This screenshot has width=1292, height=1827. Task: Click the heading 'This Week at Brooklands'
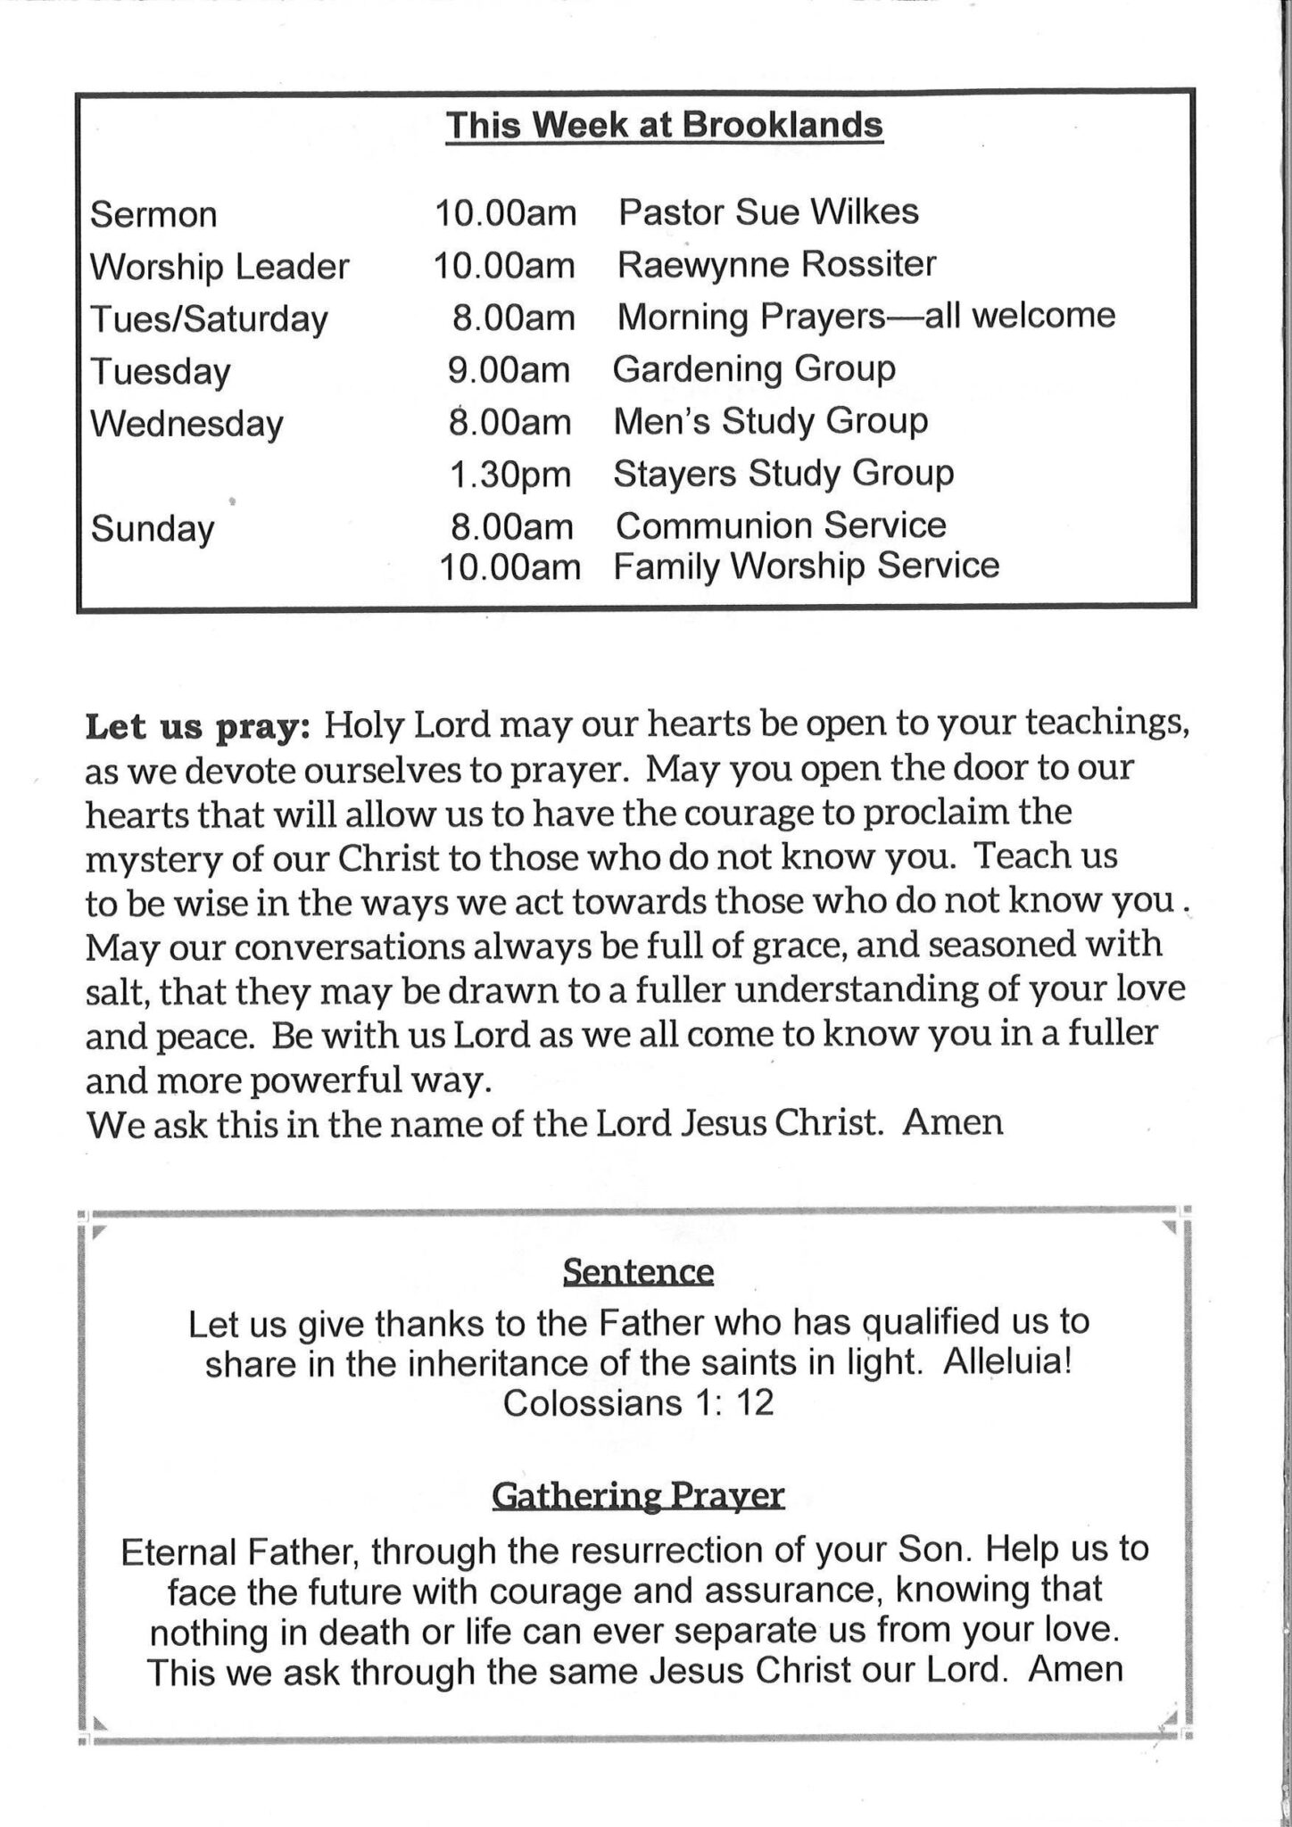point(664,125)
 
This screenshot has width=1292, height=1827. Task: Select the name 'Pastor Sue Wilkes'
point(768,212)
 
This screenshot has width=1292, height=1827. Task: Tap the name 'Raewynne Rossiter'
point(776,264)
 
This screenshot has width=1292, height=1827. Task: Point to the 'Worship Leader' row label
point(219,267)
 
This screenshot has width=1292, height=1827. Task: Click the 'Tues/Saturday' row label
point(210,318)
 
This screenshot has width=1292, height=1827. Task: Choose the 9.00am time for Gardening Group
point(509,369)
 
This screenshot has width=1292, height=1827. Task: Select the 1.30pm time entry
point(509,474)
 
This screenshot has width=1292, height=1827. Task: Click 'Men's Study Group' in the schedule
point(771,421)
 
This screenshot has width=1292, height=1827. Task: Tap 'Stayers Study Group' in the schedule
point(783,473)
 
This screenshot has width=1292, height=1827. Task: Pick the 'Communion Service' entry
point(781,525)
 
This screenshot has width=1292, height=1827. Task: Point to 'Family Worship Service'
point(806,566)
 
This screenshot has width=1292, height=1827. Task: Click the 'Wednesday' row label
point(186,423)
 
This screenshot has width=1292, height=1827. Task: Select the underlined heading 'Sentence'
point(638,1271)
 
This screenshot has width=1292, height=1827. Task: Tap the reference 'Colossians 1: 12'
point(638,1403)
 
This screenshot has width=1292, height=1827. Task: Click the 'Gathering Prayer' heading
point(638,1494)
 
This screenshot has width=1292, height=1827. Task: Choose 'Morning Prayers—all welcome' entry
point(865,316)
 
